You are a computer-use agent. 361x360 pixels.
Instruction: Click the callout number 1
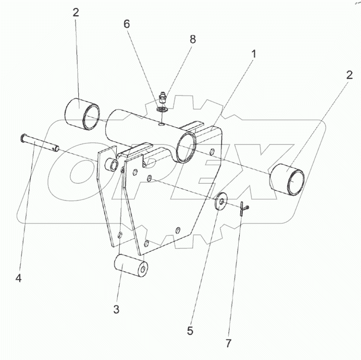[x=254, y=54]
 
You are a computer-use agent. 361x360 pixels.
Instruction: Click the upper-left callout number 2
[x=76, y=12]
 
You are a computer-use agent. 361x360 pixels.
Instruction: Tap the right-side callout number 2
[x=348, y=76]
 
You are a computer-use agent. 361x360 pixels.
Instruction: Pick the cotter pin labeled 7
[x=242, y=208]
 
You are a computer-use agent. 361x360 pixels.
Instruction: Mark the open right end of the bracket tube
[x=188, y=147]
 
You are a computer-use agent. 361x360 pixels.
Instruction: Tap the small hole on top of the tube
[x=160, y=122]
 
